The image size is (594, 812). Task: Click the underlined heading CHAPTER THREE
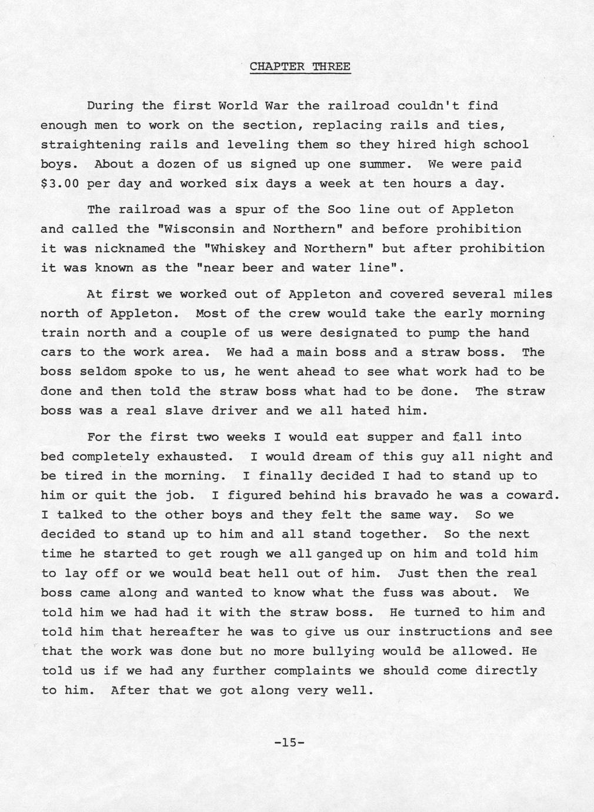click(x=300, y=66)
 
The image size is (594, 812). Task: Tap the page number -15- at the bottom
click(x=289, y=743)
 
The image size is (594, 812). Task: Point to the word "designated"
click(x=359, y=333)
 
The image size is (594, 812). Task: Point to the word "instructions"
click(x=444, y=631)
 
